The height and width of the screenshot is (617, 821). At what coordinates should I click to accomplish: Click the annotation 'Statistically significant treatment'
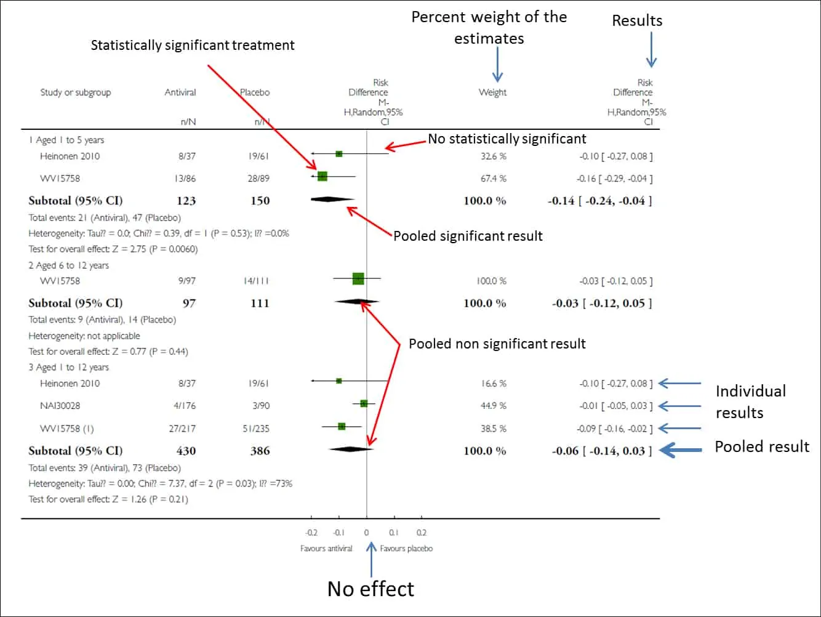(193, 45)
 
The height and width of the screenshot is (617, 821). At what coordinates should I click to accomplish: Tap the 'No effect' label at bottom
(370, 589)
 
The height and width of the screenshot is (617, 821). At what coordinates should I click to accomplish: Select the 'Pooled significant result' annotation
(468, 236)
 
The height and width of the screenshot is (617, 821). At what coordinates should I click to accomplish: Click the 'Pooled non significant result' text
(497, 344)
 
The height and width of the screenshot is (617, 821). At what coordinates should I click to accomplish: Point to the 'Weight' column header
(492, 92)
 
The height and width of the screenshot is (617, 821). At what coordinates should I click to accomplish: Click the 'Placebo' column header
(255, 92)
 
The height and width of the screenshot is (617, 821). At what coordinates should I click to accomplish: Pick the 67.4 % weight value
(493, 179)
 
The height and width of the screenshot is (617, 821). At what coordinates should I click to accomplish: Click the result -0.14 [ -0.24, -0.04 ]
(600, 201)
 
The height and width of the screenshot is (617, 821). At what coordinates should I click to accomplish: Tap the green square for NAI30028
(364, 404)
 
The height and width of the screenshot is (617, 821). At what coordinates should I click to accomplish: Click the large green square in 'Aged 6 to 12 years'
(358, 279)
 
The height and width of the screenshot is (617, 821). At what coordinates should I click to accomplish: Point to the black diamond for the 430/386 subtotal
(351, 450)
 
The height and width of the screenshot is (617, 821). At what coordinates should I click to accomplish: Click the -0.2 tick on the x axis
(311, 533)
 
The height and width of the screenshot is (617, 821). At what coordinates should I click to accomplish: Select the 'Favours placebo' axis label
(406, 549)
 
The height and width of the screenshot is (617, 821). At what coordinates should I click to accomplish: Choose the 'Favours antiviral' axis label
(326, 549)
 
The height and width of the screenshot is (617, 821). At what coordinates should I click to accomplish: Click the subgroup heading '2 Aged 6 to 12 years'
(68, 265)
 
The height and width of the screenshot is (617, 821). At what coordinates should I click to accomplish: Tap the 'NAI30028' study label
(60, 406)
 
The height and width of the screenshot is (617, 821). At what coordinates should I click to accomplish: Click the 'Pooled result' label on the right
(762, 446)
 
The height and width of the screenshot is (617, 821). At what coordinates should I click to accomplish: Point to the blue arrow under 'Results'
(651, 50)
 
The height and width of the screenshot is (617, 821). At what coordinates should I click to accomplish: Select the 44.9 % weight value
(493, 406)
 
